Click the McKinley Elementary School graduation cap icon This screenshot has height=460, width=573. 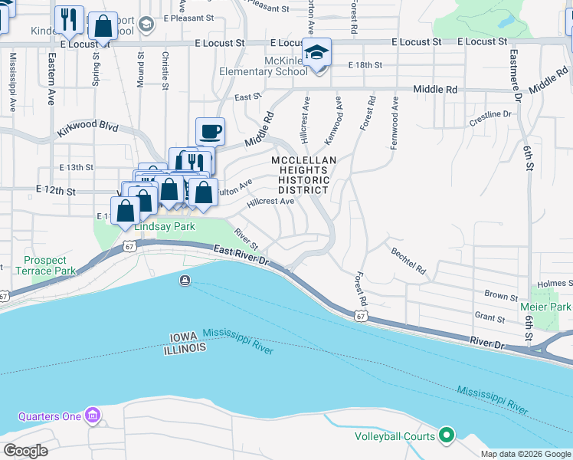click(x=316, y=53)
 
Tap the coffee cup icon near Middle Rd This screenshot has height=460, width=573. click(x=210, y=132)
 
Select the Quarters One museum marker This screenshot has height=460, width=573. click(x=93, y=416)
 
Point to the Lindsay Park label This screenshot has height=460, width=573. click(x=164, y=227)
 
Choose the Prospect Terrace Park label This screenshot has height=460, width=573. click(x=44, y=265)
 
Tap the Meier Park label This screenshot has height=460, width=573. click(x=552, y=307)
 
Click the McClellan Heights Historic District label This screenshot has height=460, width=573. click(x=300, y=175)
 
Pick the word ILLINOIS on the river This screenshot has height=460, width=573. click(x=185, y=349)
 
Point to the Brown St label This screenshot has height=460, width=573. click(x=501, y=295)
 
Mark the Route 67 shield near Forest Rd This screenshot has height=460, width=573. click(x=359, y=315)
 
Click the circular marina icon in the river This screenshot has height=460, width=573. click(x=185, y=281)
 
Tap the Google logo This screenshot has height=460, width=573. click(x=26, y=451)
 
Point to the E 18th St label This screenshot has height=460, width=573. click(x=365, y=66)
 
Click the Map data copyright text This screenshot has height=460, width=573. click(x=525, y=454)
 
